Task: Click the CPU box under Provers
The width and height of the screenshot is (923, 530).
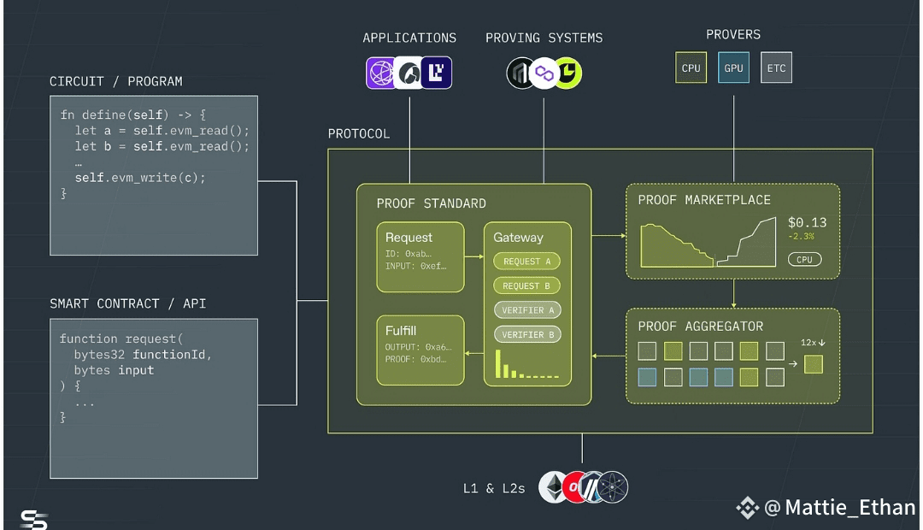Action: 691,68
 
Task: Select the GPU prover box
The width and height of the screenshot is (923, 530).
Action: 733,68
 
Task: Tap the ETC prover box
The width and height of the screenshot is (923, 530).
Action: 776,68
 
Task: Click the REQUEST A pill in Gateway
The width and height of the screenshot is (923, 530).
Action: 526,262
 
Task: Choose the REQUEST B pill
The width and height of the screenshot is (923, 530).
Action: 526,286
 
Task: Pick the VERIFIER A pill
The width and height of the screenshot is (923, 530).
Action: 527,310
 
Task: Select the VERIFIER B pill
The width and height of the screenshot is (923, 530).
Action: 527,334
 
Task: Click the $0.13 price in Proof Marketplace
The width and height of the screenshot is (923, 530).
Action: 807,222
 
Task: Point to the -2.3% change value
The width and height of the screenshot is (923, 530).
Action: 801,237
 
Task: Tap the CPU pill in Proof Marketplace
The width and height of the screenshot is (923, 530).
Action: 805,260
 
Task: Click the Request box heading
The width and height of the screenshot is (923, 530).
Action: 409,238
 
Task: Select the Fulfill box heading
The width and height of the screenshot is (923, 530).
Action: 401,330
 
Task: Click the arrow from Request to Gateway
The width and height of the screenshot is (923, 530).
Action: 473,256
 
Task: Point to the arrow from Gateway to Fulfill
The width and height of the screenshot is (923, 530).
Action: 473,353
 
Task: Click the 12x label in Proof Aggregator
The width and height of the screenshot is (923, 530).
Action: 808,343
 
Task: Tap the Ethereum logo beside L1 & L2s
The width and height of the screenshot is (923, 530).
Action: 553,487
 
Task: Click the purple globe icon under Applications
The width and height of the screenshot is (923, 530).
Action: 381,73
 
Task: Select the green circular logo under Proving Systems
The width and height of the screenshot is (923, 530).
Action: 567,73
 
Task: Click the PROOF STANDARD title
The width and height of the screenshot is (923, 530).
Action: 432,203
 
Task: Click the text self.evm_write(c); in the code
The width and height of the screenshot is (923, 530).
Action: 140,178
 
